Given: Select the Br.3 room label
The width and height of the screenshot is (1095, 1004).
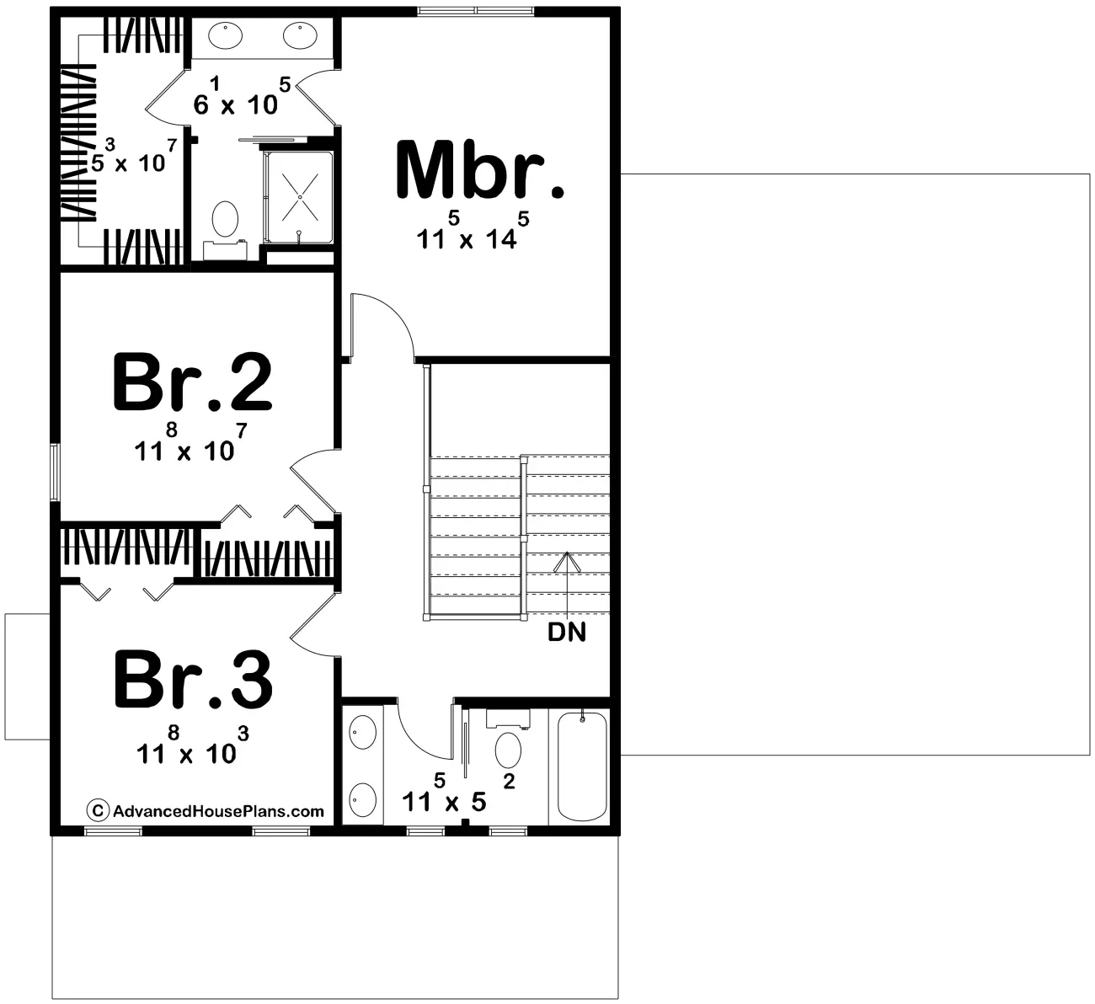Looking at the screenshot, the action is pos(193,680).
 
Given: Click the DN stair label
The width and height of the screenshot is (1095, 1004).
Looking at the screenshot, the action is pos(567,633).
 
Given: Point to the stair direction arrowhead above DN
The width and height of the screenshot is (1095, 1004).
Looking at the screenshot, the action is pos(567,561).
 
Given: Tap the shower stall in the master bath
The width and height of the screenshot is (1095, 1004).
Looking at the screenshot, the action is pos(299,197).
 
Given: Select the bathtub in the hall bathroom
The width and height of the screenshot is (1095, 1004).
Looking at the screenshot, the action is pos(582,765).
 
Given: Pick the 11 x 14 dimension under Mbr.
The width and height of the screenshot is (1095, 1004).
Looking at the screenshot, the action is pos(473,232).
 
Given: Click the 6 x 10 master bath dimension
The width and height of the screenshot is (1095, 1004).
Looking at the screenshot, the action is pos(242,96).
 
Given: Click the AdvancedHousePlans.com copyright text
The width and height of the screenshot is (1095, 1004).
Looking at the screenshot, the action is pos(218,811).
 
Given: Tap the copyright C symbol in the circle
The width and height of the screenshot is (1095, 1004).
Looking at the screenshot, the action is pos(97,811).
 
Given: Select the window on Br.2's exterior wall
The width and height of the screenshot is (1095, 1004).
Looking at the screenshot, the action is pos(54,473).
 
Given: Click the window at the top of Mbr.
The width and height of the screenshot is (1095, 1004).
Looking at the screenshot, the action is pos(475,11).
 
